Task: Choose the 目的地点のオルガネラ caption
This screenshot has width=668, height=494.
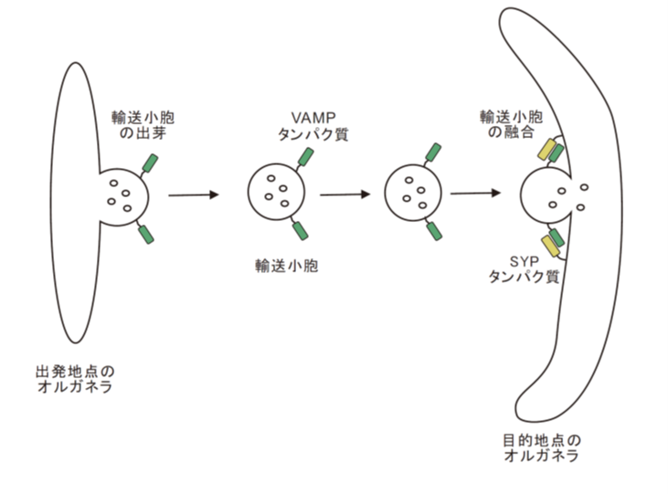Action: click(541, 447)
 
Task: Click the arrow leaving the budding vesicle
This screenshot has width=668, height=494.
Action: click(194, 194)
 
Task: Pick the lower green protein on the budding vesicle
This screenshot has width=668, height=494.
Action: click(145, 235)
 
